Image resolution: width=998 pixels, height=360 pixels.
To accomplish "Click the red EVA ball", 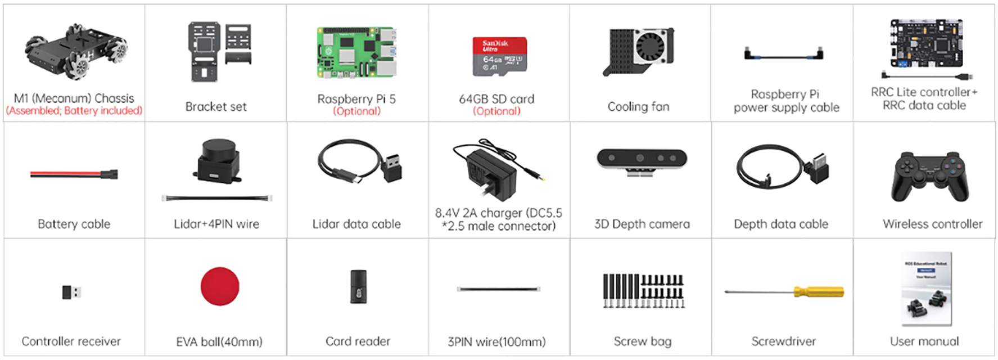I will (x=220, y=286).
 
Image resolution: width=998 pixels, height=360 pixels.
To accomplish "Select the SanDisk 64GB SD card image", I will (x=499, y=56).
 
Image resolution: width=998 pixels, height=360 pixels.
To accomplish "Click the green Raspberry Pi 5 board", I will (x=356, y=53).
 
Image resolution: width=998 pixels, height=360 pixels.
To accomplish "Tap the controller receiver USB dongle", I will (x=71, y=292).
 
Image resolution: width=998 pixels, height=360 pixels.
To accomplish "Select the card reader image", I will (x=358, y=286).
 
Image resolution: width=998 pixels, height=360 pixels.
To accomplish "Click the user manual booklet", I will (x=926, y=289).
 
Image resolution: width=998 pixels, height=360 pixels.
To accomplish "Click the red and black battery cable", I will (x=74, y=174).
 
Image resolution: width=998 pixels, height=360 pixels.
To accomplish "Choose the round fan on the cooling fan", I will (x=652, y=46).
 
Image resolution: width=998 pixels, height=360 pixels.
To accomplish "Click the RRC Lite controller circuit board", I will (x=925, y=44).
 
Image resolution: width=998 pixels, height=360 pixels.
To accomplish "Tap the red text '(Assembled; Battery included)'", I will (x=74, y=111).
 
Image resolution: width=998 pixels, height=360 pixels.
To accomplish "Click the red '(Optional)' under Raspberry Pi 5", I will (x=356, y=111).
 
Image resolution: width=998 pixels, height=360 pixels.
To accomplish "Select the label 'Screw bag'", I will (x=642, y=341).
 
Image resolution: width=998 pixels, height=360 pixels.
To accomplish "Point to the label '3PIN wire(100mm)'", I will (x=496, y=341).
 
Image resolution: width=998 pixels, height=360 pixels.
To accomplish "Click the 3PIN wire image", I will (x=498, y=289).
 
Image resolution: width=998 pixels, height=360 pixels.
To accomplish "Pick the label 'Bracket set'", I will (x=216, y=106).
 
